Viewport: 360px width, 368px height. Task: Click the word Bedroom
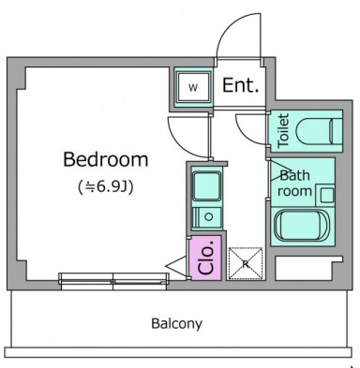click(x=105, y=158)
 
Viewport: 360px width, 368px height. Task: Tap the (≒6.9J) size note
click(x=106, y=186)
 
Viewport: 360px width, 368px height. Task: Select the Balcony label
click(x=176, y=324)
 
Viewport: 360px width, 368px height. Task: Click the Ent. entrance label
click(x=241, y=86)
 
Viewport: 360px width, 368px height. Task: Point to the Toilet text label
click(x=283, y=132)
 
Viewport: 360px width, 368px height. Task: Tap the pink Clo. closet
click(x=205, y=258)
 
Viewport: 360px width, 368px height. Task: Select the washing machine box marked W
click(x=193, y=88)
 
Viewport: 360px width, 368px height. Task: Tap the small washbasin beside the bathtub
click(x=325, y=194)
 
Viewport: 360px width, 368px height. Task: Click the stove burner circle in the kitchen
click(x=208, y=218)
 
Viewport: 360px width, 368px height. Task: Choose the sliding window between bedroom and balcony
click(x=112, y=279)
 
